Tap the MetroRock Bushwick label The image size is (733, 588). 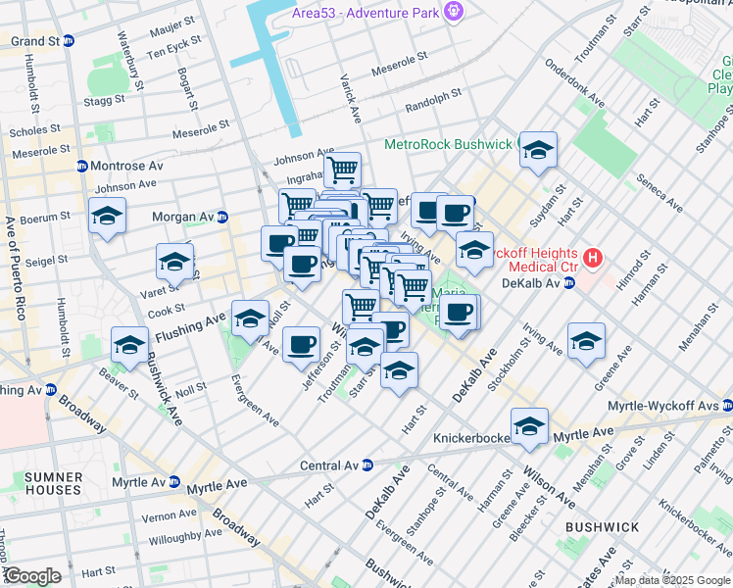click(x=448, y=143)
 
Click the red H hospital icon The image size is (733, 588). click(x=592, y=259)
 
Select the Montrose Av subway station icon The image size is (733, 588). click(x=82, y=166)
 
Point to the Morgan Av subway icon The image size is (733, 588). click(x=222, y=217)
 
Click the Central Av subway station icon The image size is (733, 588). click(x=368, y=465)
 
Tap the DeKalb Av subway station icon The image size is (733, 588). click(x=569, y=283)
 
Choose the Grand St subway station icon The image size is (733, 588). click(x=69, y=41)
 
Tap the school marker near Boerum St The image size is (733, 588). click(x=107, y=215)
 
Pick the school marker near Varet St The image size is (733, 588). click(x=174, y=261)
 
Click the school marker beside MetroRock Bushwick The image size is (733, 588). click(x=538, y=149)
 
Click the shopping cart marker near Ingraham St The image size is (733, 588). click(x=342, y=170)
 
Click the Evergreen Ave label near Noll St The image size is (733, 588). click(x=254, y=401)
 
